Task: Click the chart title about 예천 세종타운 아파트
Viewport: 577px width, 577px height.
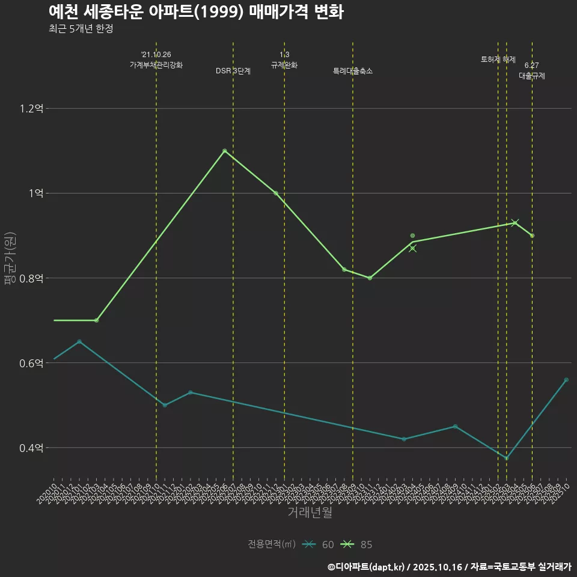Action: (x=196, y=13)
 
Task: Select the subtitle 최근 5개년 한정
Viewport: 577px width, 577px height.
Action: (x=81, y=29)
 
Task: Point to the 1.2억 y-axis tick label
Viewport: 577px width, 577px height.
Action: (x=32, y=109)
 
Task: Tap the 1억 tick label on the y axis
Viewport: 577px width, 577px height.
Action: (x=35, y=194)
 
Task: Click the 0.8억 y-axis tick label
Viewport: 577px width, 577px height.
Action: (x=32, y=278)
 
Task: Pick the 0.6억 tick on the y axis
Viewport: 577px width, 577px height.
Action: (x=32, y=363)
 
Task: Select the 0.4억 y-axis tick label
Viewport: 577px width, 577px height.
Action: (x=32, y=448)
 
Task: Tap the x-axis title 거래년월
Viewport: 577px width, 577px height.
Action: (x=310, y=513)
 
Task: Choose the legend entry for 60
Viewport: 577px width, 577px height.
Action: (x=319, y=545)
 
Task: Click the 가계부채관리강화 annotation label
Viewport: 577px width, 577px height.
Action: (x=156, y=65)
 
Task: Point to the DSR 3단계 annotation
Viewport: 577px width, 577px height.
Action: (x=233, y=71)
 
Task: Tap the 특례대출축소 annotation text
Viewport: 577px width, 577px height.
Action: (x=353, y=71)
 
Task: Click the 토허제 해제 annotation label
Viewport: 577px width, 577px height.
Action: (x=498, y=60)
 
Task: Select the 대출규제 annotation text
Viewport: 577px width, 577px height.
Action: (x=532, y=76)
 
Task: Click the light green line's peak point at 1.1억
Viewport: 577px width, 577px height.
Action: (x=225, y=151)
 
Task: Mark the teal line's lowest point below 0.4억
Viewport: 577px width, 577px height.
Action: (x=507, y=459)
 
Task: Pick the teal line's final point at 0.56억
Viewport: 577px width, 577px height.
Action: (x=566, y=380)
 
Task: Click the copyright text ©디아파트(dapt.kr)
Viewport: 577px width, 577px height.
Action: (x=366, y=567)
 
